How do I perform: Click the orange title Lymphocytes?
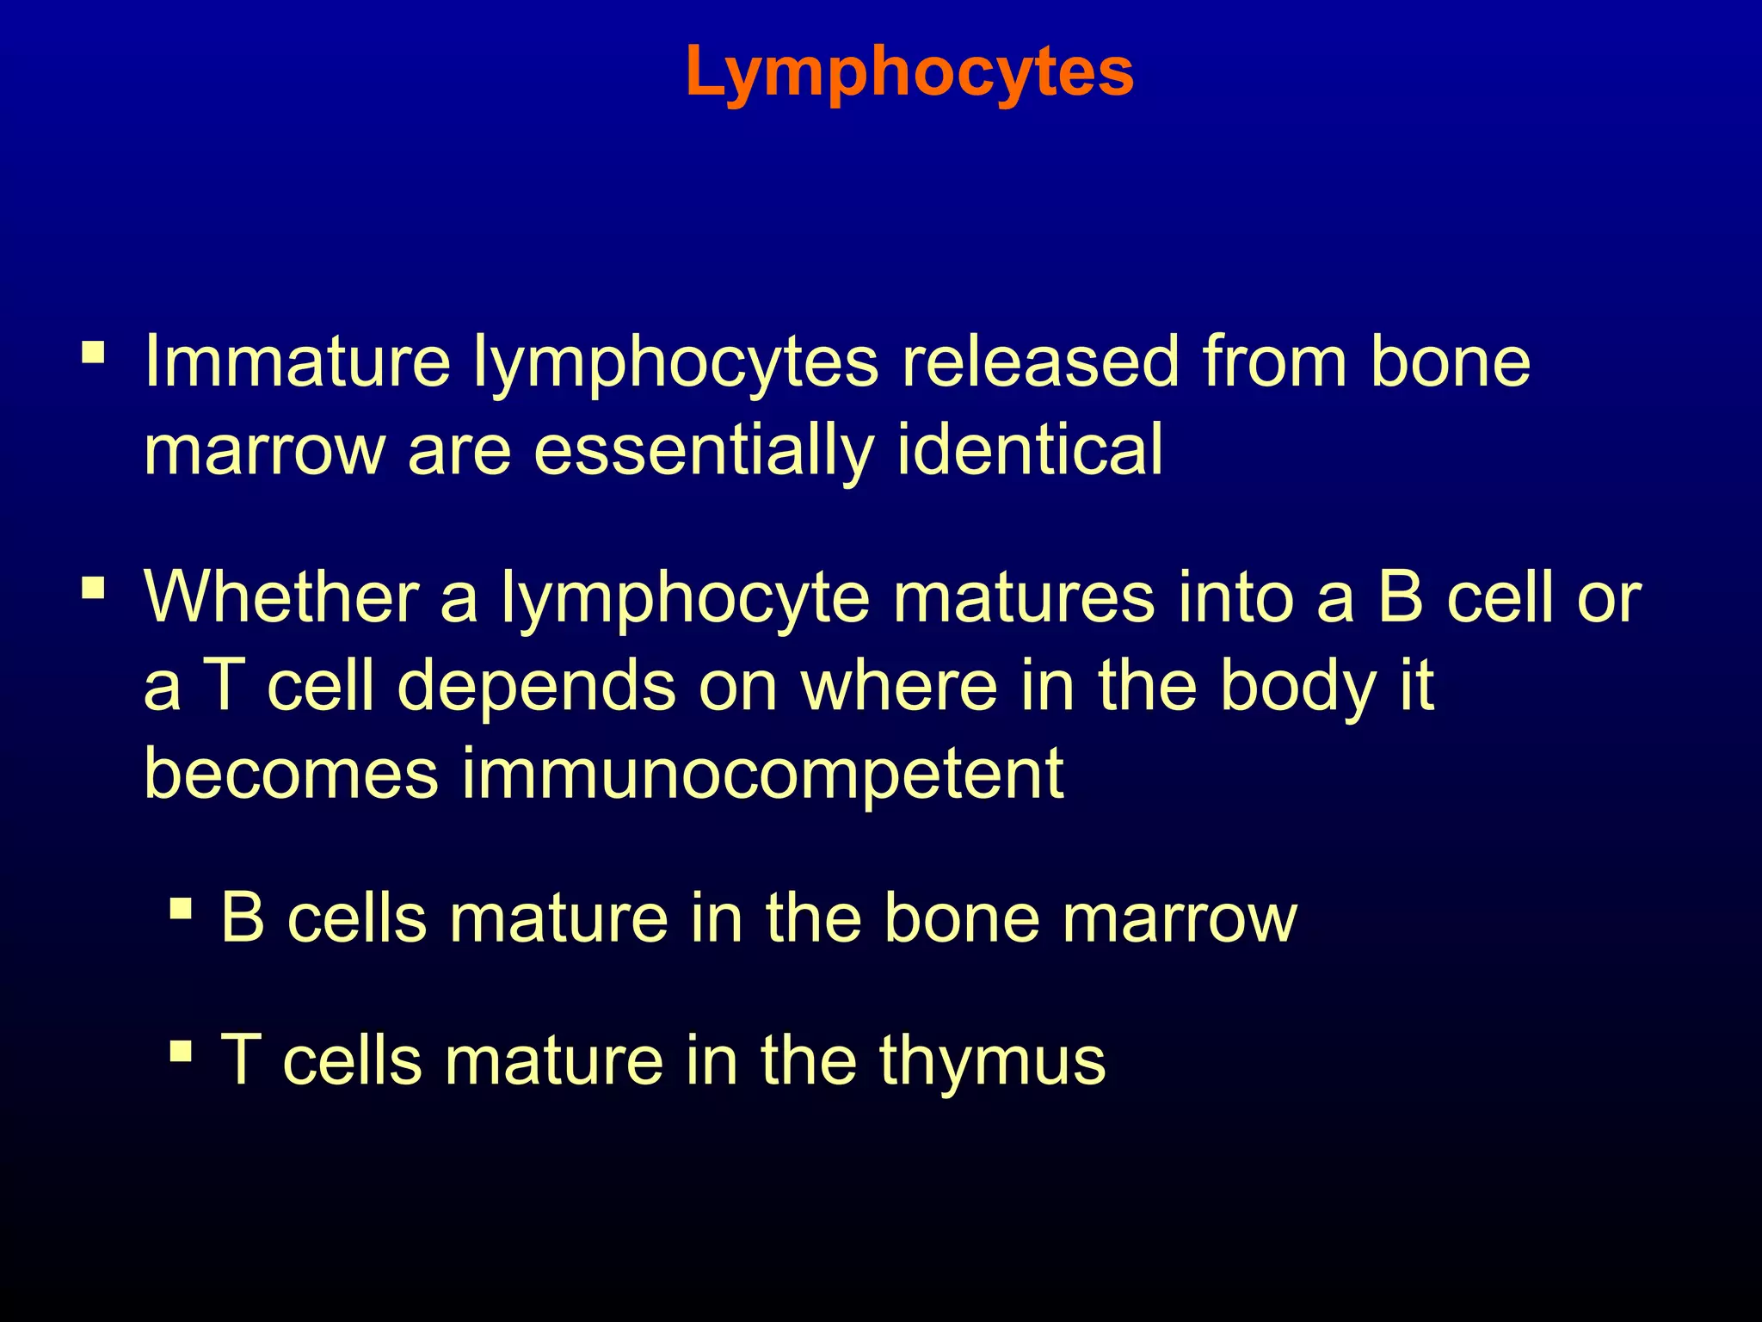[x=909, y=72]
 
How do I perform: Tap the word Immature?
[x=297, y=361]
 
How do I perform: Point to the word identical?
[x=1030, y=450]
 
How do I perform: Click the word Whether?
[x=281, y=596]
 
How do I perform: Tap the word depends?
[x=537, y=686]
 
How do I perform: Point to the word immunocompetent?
[x=763, y=773]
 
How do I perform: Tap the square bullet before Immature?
[x=94, y=353]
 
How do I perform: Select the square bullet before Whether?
[x=94, y=589]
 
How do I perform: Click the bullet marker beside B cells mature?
[x=181, y=909]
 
